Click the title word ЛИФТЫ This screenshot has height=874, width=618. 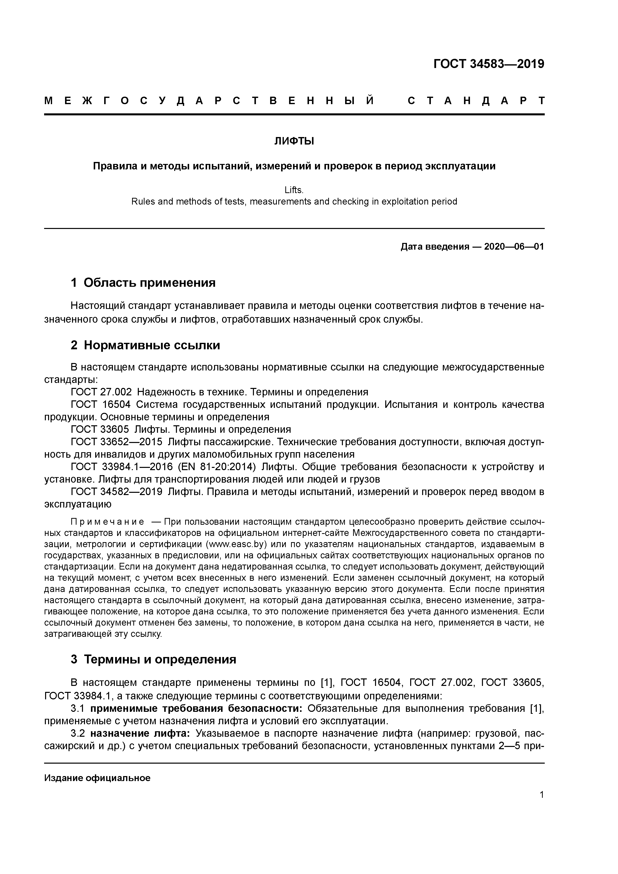294,141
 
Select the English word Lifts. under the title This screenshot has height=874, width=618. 294,190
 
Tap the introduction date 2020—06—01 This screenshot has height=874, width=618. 514,247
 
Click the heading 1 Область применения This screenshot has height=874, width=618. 143,283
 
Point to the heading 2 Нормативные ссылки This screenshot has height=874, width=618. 146,345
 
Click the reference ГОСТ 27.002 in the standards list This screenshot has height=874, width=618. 101,392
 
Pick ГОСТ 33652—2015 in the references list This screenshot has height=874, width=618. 117,442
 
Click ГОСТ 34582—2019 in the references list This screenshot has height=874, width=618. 117,492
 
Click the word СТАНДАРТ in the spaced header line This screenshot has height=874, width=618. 476,101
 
